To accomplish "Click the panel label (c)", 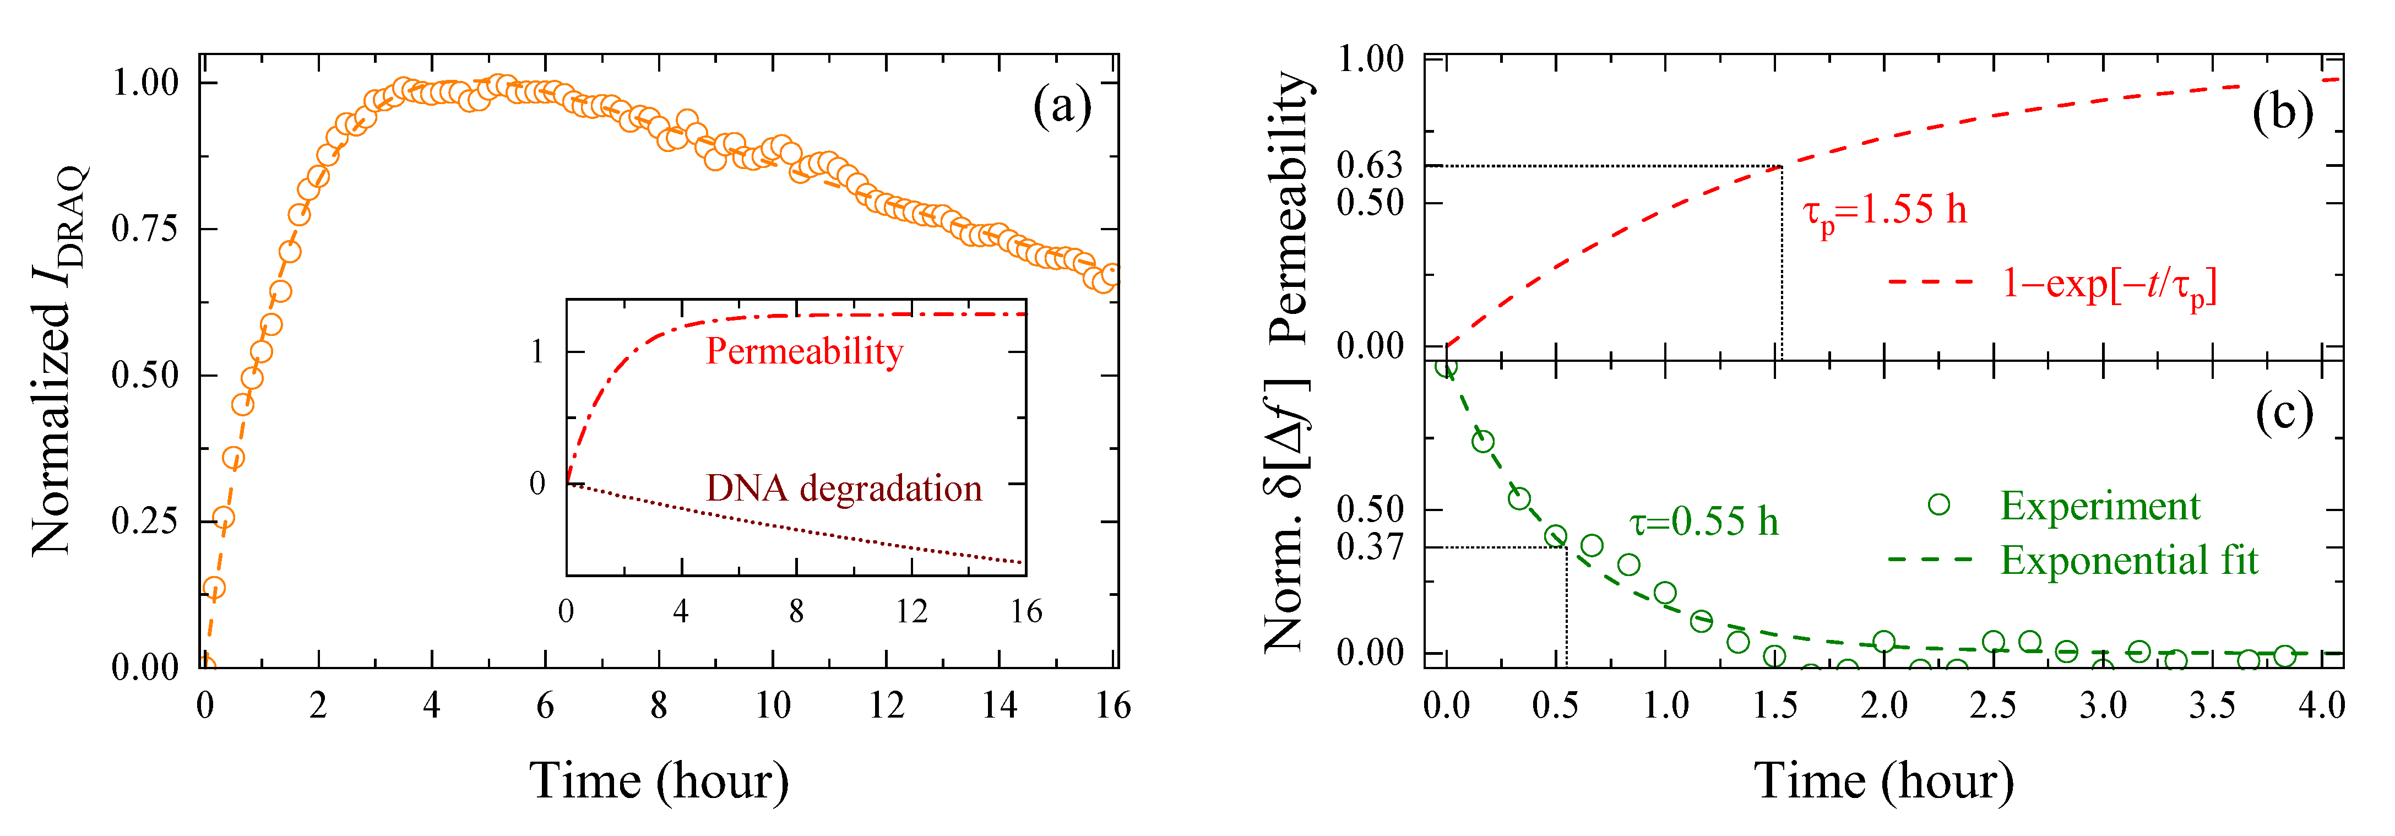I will [2283, 413].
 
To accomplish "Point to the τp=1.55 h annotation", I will [1884, 210].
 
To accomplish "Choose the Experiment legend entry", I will [2099, 506].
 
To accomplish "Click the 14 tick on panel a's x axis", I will [1000, 706].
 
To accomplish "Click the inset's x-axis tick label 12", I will [911, 612].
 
